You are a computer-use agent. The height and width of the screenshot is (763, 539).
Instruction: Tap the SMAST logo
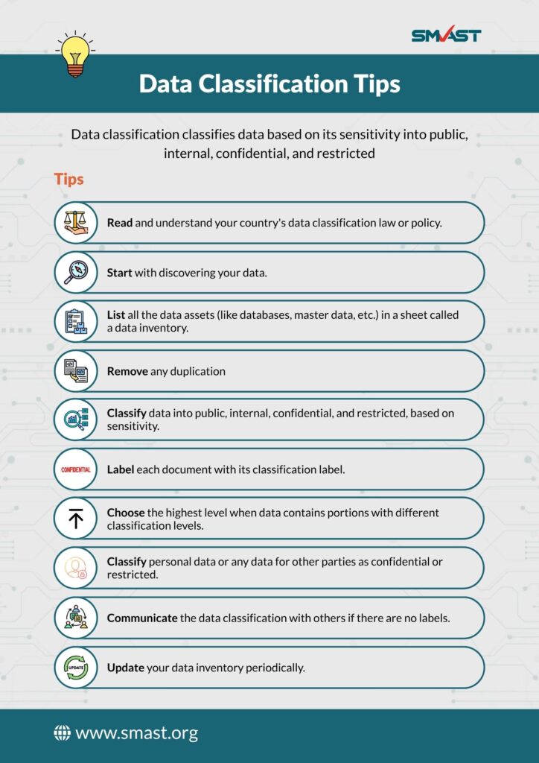click(x=446, y=35)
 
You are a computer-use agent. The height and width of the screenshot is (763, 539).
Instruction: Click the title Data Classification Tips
click(x=269, y=83)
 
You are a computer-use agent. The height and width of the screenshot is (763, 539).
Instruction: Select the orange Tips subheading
click(x=68, y=180)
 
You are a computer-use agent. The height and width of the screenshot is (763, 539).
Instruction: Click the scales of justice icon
click(x=76, y=223)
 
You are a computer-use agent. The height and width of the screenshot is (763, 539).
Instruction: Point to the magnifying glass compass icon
click(x=76, y=272)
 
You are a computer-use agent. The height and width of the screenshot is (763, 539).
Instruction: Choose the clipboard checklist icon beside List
click(x=76, y=321)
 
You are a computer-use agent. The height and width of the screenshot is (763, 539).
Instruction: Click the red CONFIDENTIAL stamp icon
click(x=76, y=469)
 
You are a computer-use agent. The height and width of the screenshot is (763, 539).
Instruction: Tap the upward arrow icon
click(x=76, y=519)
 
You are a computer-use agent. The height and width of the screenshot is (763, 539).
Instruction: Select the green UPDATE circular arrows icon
click(x=76, y=667)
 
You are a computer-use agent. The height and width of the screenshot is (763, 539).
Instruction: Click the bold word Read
click(x=119, y=223)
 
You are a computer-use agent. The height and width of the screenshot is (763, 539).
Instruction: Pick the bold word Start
click(x=119, y=273)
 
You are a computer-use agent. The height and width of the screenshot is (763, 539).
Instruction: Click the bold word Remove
click(x=127, y=371)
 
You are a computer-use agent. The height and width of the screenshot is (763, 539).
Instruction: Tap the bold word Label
click(x=121, y=470)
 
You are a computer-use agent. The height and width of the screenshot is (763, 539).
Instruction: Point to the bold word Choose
click(x=126, y=513)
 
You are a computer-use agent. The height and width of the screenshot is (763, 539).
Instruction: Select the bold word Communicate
click(x=142, y=618)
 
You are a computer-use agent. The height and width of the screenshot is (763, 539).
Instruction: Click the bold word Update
click(x=125, y=668)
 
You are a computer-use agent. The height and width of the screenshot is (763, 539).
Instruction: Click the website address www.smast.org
click(x=136, y=733)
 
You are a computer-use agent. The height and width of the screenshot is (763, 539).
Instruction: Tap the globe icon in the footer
click(x=62, y=733)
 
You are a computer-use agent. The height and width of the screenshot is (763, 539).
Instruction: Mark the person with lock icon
click(x=76, y=568)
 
